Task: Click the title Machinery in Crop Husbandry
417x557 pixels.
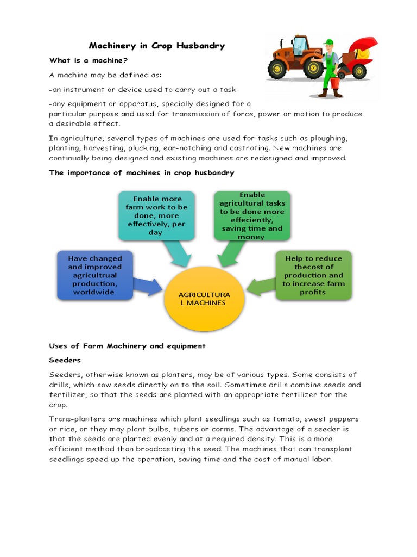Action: click(x=156, y=46)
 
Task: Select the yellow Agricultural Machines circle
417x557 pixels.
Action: click(x=205, y=299)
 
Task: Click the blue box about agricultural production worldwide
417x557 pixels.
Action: click(x=95, y=275)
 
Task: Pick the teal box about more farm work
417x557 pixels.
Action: click(x=156, y=215)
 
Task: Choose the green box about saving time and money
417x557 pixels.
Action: click(x=251, y=215)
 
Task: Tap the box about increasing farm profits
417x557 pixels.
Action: click(x=313, y=275)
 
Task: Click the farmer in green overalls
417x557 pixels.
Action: click(x=330, y=68)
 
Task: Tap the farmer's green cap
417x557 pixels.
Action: click(x=328, y=41)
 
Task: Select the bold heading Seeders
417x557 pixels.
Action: click(x=65, y=360)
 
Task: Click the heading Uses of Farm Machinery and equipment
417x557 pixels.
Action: click(x=128, y=346)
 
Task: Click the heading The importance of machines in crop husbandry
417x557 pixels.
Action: click(x=142, y=172)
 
